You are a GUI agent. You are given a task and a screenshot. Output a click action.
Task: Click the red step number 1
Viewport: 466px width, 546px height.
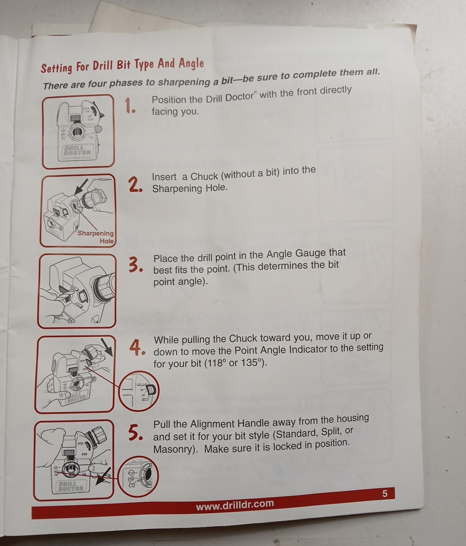coord(129,105)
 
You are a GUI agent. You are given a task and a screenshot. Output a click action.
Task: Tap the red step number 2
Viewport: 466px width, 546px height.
coord(135,185)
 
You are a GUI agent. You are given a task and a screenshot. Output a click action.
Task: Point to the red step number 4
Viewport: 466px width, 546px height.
coord(137,347)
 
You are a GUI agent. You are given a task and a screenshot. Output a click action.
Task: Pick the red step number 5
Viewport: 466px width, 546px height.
coord(135,432)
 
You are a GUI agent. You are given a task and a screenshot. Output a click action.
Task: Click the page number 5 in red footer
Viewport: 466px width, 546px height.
coord(385,494)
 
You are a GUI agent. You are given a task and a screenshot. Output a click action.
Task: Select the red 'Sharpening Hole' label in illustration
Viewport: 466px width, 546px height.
coord(96,237)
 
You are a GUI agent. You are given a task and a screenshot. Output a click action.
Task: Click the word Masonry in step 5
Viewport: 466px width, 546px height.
coord(172,449)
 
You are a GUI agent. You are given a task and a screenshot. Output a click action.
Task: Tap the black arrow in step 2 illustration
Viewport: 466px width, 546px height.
coord(81,187)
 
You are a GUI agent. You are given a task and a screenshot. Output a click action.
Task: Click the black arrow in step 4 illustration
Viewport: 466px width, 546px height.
coord(107,347)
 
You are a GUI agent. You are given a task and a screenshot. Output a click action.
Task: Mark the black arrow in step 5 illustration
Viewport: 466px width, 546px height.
coord(103,476)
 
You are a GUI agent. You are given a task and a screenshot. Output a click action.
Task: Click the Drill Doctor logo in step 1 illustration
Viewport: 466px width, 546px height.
coord(77,151)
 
